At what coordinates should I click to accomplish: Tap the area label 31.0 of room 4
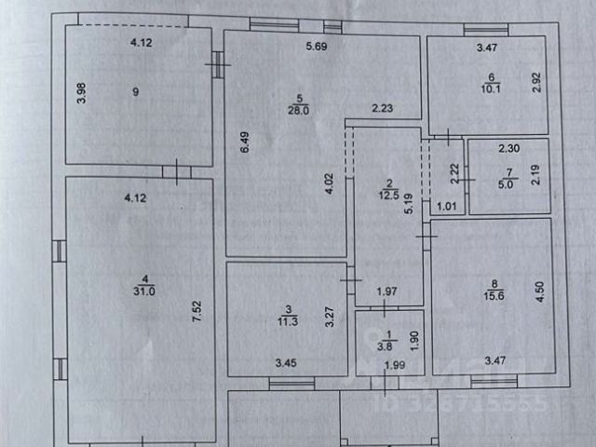point(142,290)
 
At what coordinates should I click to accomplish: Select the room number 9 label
point(137,91)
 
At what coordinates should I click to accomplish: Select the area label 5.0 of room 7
point(508,184)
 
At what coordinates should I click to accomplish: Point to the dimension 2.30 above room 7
point(508,148)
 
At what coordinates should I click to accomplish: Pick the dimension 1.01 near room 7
point(446,207)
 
